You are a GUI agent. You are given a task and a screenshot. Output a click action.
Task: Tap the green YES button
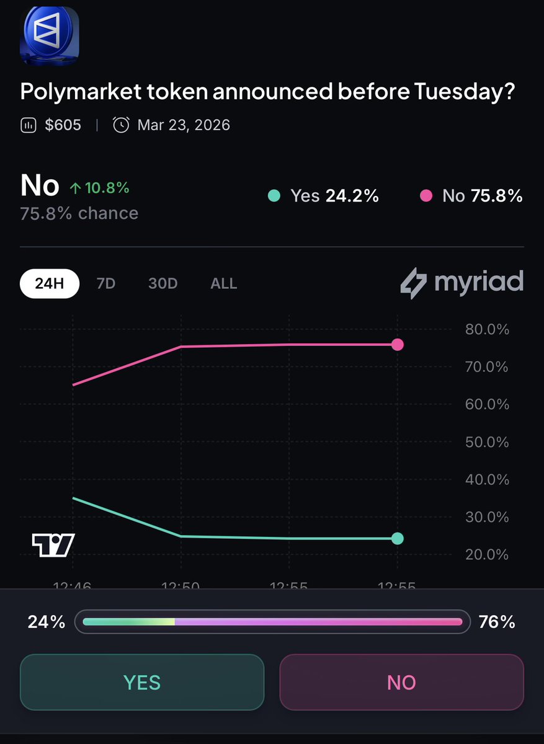coord(142,682)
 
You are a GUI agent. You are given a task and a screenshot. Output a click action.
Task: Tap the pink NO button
coord(401,682)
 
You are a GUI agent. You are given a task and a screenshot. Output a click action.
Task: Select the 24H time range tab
coord(50,283)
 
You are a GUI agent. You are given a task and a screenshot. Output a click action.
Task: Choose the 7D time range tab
coord(105,283)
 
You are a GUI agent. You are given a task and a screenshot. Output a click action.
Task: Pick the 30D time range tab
coord(163,283)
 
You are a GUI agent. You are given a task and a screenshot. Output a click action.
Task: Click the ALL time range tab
coord(223,283)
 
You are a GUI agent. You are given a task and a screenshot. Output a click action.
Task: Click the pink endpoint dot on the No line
coord(398,345)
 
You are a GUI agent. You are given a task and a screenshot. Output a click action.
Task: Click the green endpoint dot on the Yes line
coord(398,538)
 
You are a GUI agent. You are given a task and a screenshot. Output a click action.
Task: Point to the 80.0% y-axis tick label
coord(487,329)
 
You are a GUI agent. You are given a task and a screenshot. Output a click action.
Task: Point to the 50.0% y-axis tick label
coord(487,442)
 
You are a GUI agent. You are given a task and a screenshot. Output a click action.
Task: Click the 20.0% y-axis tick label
coord(487,554)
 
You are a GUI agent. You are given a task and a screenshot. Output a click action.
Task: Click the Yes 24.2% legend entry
coord(323,196)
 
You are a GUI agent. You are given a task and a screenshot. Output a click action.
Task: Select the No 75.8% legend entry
coord(471,196)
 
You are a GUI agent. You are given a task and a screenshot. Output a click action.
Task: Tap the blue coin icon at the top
coord(50,35)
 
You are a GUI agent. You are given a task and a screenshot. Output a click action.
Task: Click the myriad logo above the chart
coord(462,283)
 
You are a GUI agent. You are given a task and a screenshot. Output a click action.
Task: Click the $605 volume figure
coord(62,125)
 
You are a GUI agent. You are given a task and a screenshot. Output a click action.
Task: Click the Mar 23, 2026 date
coord(183,125)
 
